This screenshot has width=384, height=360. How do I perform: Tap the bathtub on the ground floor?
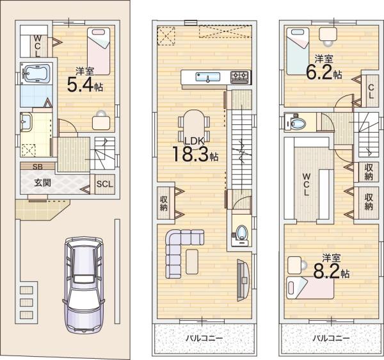tap(36, 73)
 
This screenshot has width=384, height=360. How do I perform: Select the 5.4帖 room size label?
tap(84, 85)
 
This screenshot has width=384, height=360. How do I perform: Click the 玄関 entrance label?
tap(42, 183)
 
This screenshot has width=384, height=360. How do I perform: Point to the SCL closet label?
tap(105, 184)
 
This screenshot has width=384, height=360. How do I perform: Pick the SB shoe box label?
tap(38, 167)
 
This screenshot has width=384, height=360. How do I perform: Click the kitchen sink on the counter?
tap(207, 77)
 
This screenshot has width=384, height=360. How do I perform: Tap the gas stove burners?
tap(240, 77)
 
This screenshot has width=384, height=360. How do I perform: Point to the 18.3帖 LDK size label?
tap(195, 154)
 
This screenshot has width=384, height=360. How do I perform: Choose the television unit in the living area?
tap(243, 280)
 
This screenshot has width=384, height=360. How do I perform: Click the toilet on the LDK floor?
tap(240, 234)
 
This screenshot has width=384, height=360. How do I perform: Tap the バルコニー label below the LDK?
tap(204, 338)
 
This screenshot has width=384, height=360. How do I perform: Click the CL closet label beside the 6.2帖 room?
tap(371, 91)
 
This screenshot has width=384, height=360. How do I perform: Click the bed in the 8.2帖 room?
tap(310, 288)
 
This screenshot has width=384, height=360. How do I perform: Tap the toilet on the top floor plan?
tap(295, 122)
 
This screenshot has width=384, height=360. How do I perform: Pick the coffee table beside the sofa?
tap(192, 261)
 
